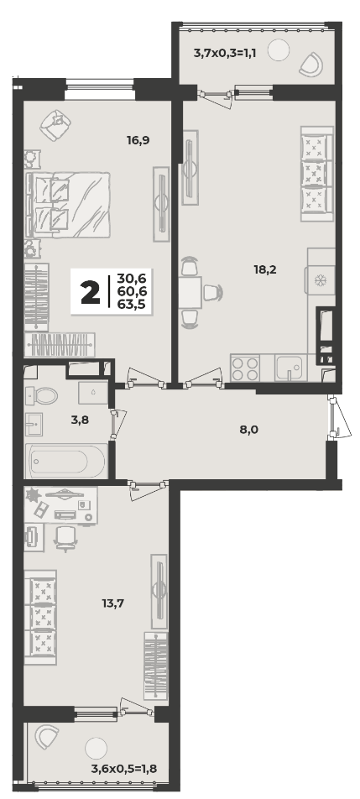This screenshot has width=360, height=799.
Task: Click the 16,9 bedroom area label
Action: tap(138, 139)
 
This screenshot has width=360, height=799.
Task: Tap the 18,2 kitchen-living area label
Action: tap(265, 269)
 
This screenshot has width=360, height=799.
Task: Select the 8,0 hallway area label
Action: tap(249, 430)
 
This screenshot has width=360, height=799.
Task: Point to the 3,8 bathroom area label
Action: tap(80, 421)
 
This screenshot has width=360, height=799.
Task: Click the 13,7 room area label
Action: tap(113, 603)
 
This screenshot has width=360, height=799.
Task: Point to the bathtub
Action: tap(66, 461)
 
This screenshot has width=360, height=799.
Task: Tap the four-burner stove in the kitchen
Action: tap(245, 368)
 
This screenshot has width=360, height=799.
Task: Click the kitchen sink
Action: tap(289, 368)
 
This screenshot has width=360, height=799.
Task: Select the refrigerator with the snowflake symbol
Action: tap(320, 279)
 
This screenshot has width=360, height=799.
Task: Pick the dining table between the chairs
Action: tap(190, 293)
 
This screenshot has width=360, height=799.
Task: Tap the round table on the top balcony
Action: tap(279, 50)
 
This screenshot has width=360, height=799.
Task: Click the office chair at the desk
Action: tap(65, 538)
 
